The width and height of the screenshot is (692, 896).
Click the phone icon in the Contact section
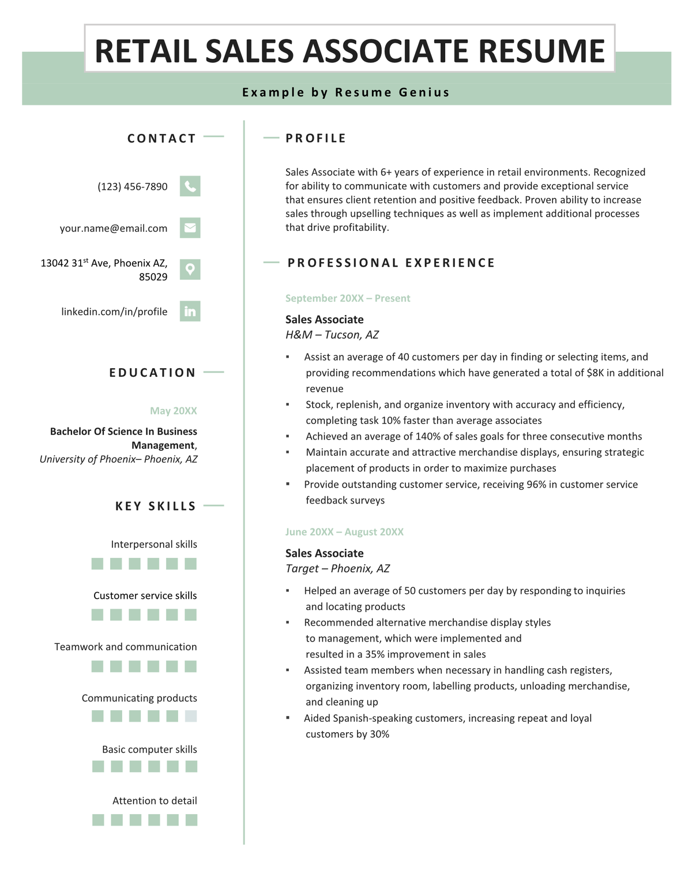tap(190, 186)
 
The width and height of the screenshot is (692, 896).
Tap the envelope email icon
tap(190, 228)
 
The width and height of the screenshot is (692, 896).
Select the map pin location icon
tap(190, 269)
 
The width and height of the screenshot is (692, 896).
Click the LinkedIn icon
tap(190, 312)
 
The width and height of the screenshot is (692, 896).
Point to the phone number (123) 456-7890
tap(133, 187)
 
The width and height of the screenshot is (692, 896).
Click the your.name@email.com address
tap(114, 228)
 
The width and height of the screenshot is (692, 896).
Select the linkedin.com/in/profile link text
tap(114, 312)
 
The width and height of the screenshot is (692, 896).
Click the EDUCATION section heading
tap(153, 373)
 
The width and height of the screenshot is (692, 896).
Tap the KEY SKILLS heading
tap(156, 506)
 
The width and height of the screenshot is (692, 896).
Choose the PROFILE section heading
tap(316, 138)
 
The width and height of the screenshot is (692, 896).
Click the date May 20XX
tap(174, 411)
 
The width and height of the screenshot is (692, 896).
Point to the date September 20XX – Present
tap(348, 298)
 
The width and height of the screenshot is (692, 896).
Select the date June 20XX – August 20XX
tap(344, 532)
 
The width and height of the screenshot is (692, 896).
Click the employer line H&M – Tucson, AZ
tap(332, 335)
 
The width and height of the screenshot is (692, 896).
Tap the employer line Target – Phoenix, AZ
tap(337, 568)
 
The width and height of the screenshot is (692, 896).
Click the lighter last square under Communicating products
tap(190, 716)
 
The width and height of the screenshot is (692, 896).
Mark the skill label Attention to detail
tap(155, 801)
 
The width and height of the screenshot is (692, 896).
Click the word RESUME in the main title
tap(541, 51)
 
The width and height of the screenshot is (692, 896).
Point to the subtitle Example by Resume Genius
tap(346, 92)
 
